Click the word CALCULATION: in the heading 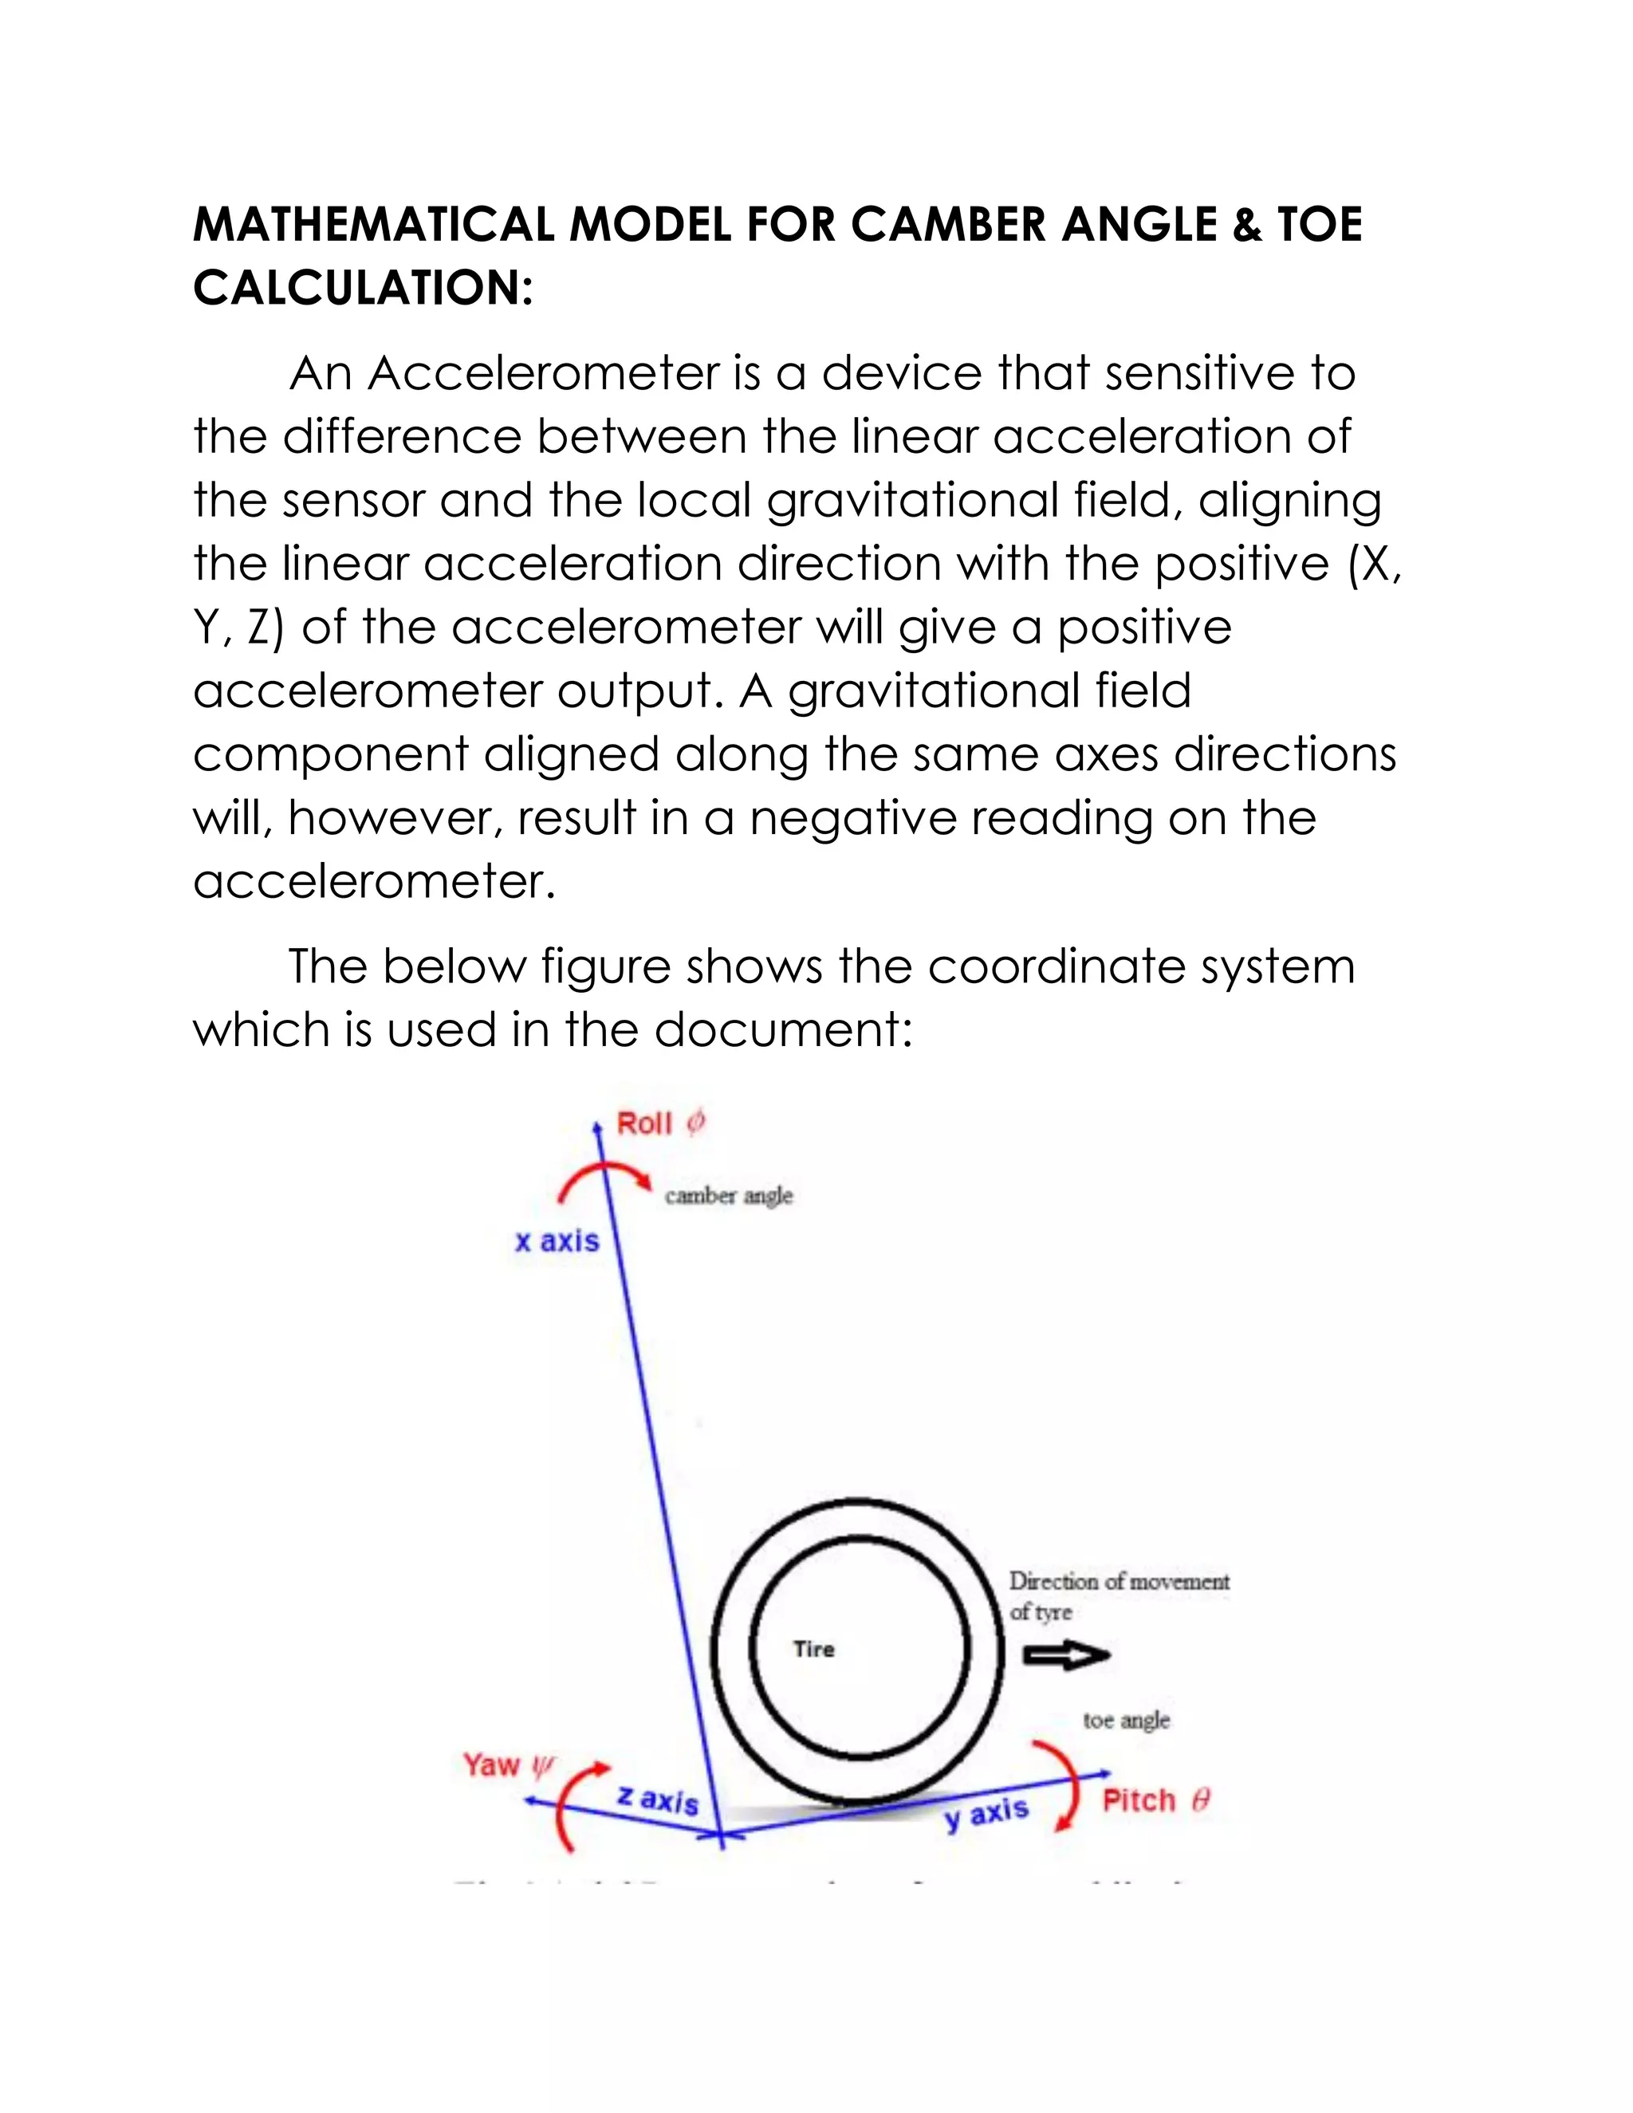tap(363, 289)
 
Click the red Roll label tap(644, 1123)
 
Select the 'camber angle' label tap(729, 1196)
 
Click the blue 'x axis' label tap(557, 1241)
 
